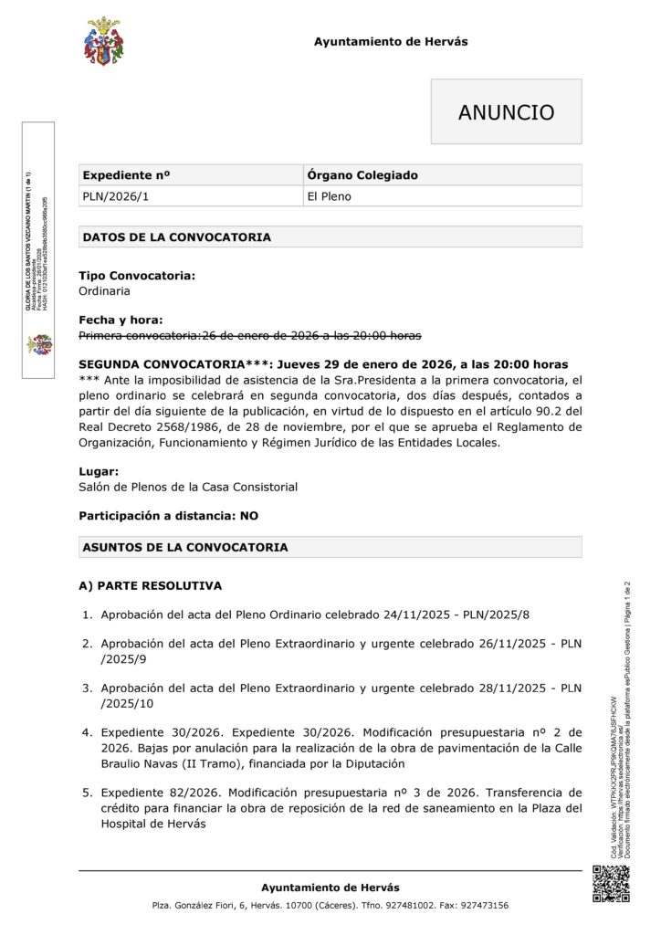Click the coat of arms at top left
[103, 42]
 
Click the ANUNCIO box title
[506, 112]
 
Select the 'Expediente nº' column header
[127, 175]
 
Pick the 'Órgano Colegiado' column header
[362, 175]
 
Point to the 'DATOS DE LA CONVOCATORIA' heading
[176, 237]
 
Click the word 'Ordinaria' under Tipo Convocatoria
[104, 290]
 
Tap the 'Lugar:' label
[99, 472]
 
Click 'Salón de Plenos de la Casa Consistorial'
[188, 487]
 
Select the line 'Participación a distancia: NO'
[168, 516]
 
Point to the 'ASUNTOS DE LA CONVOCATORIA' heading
[184, 548]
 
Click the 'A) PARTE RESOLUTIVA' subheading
[150, 585]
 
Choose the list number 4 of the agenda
[88, 732]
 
